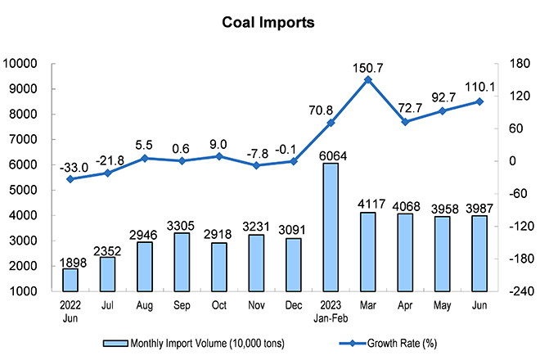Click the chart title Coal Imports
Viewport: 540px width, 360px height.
click(x=268, y=23)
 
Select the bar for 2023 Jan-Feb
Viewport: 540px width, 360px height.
click(x=331, y=227)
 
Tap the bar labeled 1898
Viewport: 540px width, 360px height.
click(x=70, y=280)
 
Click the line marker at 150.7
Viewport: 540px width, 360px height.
click(x=367, y=79)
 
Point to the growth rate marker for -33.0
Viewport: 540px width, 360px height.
click(x=70, y=179)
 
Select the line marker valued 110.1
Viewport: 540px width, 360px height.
click(x=479, y=101)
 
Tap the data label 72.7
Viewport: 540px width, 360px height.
click(x=405, y=107)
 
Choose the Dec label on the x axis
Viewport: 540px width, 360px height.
click(x=293, y=305)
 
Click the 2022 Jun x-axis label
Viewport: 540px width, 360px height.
click(x=70, y=311)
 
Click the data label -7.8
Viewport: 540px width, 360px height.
click(x=257, y=151)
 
